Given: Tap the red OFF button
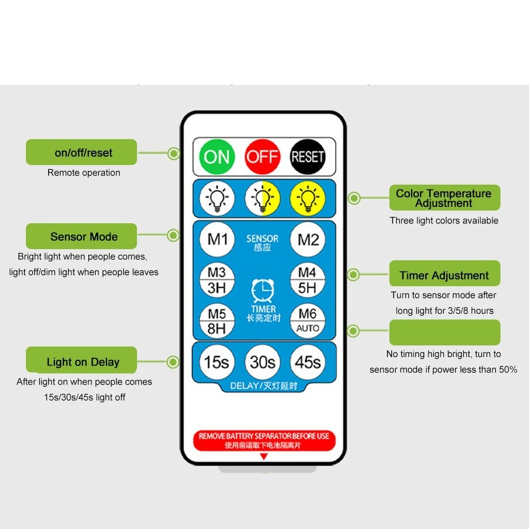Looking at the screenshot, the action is tap(262, 157).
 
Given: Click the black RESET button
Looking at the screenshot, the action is tap(307, 157).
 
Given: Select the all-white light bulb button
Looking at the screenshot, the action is tap(217, 198).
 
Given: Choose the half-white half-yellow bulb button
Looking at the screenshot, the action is tap(262, 198).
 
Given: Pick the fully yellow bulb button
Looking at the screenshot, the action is tap(307, 198).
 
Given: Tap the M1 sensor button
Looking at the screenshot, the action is tap(217, 239).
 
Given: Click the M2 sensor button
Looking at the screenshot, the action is tap(308, 239).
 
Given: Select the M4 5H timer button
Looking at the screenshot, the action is tap(308, 280).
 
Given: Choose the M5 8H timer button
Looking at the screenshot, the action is tap(217, 321).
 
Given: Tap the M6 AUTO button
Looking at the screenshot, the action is tap(308, 321).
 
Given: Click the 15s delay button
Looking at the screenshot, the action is tap(217, 362).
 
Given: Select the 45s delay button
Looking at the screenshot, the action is tap(308, 362).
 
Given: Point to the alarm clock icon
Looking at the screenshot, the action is tap(263, 290).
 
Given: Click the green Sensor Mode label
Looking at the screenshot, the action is tap(81, 236).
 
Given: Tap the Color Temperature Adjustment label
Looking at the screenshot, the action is tap(445, 198).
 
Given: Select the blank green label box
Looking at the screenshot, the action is tap(445, 332).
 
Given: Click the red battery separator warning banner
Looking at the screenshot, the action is tap(264, 440).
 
